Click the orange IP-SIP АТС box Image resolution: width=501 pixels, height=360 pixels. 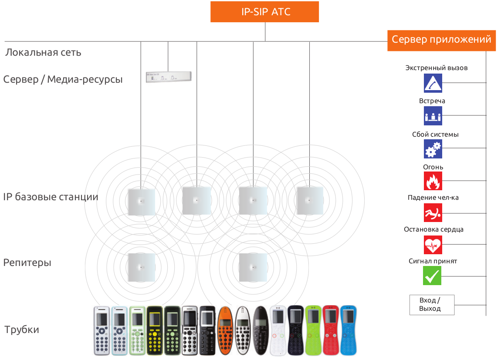pos(265,12)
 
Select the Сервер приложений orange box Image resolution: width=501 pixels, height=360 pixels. pos(441,40)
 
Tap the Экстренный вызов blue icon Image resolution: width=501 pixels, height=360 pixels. pos(433,83)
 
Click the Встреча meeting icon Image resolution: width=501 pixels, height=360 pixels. pos(433,116)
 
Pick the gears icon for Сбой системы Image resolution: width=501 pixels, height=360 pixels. pos(433,149)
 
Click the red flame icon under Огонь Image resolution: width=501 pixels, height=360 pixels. pos(433,181)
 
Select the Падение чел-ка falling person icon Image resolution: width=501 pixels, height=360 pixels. pos(433,213)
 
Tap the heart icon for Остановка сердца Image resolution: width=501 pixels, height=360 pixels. pos(433,245)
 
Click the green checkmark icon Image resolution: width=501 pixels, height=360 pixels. pos(432,276)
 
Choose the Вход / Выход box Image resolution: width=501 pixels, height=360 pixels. pos(432,305)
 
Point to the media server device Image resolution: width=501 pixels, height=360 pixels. pos(169,77)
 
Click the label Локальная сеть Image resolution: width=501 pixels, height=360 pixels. pos(43,53)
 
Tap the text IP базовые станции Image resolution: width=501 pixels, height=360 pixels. pos(51,197)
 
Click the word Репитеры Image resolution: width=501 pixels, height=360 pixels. pos(27,263)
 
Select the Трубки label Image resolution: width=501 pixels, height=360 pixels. pos(22,330)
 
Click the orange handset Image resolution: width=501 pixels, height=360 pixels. pos(225,330)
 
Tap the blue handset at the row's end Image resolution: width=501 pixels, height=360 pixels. pos(348,330)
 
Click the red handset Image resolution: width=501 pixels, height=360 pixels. pos(331,330)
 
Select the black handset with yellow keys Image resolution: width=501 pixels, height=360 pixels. pos(155,330)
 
